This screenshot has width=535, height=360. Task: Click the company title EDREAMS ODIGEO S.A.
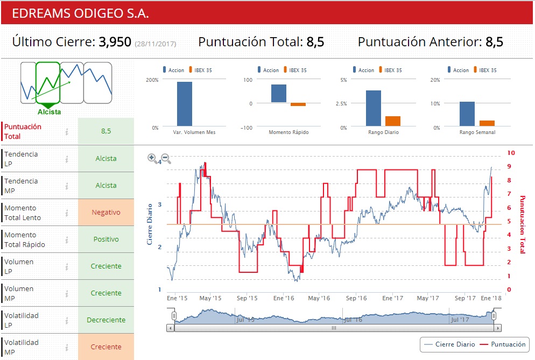(81, 13)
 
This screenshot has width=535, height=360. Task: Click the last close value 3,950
(115, 42)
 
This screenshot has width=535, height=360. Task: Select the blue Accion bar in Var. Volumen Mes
(185, 104)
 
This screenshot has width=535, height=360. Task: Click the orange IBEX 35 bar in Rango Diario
(393, 121)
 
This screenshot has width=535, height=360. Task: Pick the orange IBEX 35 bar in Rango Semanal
(487, 123)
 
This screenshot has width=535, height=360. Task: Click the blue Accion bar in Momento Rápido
(279, 93)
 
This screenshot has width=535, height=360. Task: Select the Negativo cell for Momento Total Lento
(106, 213)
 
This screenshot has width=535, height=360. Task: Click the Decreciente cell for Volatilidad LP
(106, 320)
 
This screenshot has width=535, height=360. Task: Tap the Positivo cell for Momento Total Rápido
(106, 239)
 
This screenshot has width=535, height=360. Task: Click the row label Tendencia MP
(22, 186)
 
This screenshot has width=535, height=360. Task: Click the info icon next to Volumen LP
(67, 266)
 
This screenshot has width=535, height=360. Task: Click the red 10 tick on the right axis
(511, 153)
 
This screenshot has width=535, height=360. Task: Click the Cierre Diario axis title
(150, 224)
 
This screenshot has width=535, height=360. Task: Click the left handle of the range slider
(174, 315)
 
